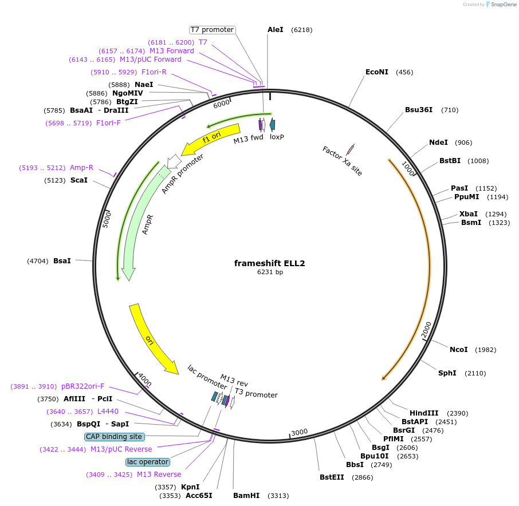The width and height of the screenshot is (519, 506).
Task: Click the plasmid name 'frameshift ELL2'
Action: click(269, 263)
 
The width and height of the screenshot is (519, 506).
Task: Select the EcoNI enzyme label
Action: click(376, 72)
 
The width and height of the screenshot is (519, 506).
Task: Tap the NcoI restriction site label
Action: click(458, 350)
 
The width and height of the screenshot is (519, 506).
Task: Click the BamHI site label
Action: click(246, 496)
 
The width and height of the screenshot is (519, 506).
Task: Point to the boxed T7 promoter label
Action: click(212, 30)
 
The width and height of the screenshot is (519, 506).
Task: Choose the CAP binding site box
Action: click(114, 437)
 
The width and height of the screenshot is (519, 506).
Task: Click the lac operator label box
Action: click(148, 462)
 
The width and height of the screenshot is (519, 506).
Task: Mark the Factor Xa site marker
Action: click(350, 149)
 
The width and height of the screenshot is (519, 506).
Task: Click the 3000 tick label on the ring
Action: click(300, 432)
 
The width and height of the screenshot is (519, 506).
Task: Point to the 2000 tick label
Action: click(427, 330)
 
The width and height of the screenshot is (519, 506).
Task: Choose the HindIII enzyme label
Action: click(424, 413)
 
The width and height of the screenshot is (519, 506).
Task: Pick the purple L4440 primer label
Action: click(108, 412)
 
